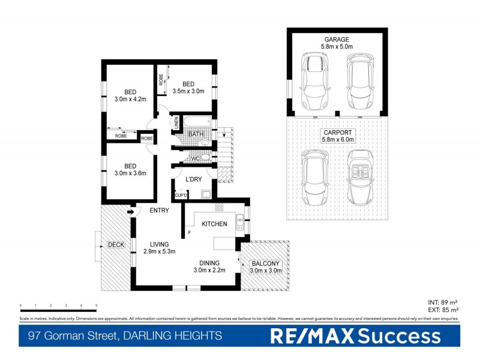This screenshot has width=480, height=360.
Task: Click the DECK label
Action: [116, 245]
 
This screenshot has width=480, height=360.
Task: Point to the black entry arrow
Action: [130, 210]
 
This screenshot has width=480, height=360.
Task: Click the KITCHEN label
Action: [214, 224]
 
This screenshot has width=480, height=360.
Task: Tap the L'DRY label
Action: [193, 180]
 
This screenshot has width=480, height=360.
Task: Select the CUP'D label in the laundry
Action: [181, 196]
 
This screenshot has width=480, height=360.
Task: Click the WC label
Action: [195, 158]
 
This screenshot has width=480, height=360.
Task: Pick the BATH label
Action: [196, 134]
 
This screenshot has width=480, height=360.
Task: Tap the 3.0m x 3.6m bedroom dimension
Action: [130, 174]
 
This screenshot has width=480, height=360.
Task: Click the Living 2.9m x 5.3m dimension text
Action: [159, 251]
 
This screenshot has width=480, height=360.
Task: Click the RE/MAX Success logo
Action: [355, 336]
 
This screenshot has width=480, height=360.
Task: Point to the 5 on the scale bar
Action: [96, 305]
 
